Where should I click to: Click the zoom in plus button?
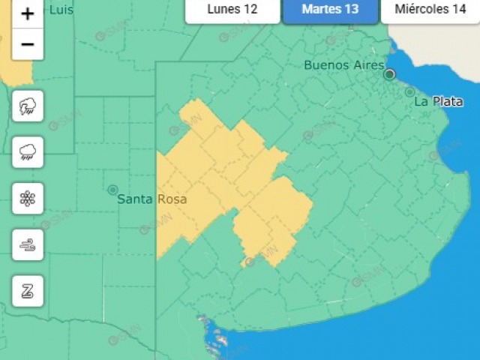28,14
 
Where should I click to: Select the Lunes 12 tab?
232,10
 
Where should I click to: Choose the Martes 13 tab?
330,10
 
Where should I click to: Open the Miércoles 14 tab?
430,10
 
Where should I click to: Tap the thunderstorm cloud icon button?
28,106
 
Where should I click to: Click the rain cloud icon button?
28,153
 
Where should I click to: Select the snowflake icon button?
28,199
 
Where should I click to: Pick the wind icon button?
28,244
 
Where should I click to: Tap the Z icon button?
28,291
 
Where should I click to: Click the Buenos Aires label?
343,64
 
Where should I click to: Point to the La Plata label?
438,101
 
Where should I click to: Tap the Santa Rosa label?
152,199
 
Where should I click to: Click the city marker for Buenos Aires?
389,74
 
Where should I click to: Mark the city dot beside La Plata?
409,92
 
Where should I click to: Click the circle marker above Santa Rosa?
112,190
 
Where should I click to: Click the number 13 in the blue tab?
350,10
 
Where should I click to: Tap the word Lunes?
224,10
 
